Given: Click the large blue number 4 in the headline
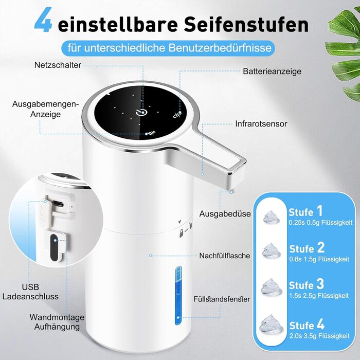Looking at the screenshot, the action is pos(43,20).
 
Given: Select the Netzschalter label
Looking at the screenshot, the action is pos(58,65).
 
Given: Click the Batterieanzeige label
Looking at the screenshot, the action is pos(272,71).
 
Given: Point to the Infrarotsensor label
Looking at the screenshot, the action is pos(261,124).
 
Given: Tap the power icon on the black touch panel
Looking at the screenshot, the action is pos(141,112).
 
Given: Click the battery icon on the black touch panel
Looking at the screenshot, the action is pos(177,115).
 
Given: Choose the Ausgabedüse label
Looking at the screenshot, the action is pos(225,214).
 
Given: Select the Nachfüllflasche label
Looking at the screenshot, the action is pos(225,256).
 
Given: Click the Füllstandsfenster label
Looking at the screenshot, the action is pos(222,299).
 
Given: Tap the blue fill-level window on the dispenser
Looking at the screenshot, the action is pos(178,296).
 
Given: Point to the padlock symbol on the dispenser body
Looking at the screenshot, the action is pos(182,233).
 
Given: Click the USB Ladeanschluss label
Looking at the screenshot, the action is pos(30,292).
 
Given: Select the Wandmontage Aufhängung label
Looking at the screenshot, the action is pos(57,322).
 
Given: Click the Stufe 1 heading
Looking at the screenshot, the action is pos(305,211).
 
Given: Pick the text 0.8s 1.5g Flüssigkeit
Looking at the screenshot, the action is pos(319,259).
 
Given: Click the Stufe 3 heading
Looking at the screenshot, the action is pos(307,284).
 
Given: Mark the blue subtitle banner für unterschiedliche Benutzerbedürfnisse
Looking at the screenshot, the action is pos(168,48).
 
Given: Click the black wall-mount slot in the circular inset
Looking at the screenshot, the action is pos(54,247).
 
